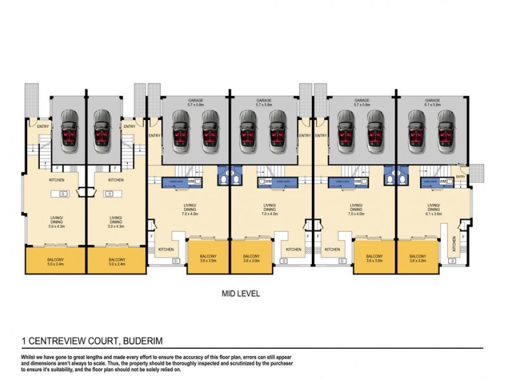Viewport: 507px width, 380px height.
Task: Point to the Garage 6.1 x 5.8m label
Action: pos(433,103)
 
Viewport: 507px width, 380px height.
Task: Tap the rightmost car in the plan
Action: pos(446,130)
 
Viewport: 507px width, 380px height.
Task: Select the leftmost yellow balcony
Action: pos(55,262)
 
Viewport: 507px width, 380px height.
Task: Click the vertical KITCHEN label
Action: pos(454,243)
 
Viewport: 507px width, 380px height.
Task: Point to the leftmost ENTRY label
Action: pos(43,126)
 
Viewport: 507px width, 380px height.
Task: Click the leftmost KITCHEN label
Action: pos(55,180)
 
